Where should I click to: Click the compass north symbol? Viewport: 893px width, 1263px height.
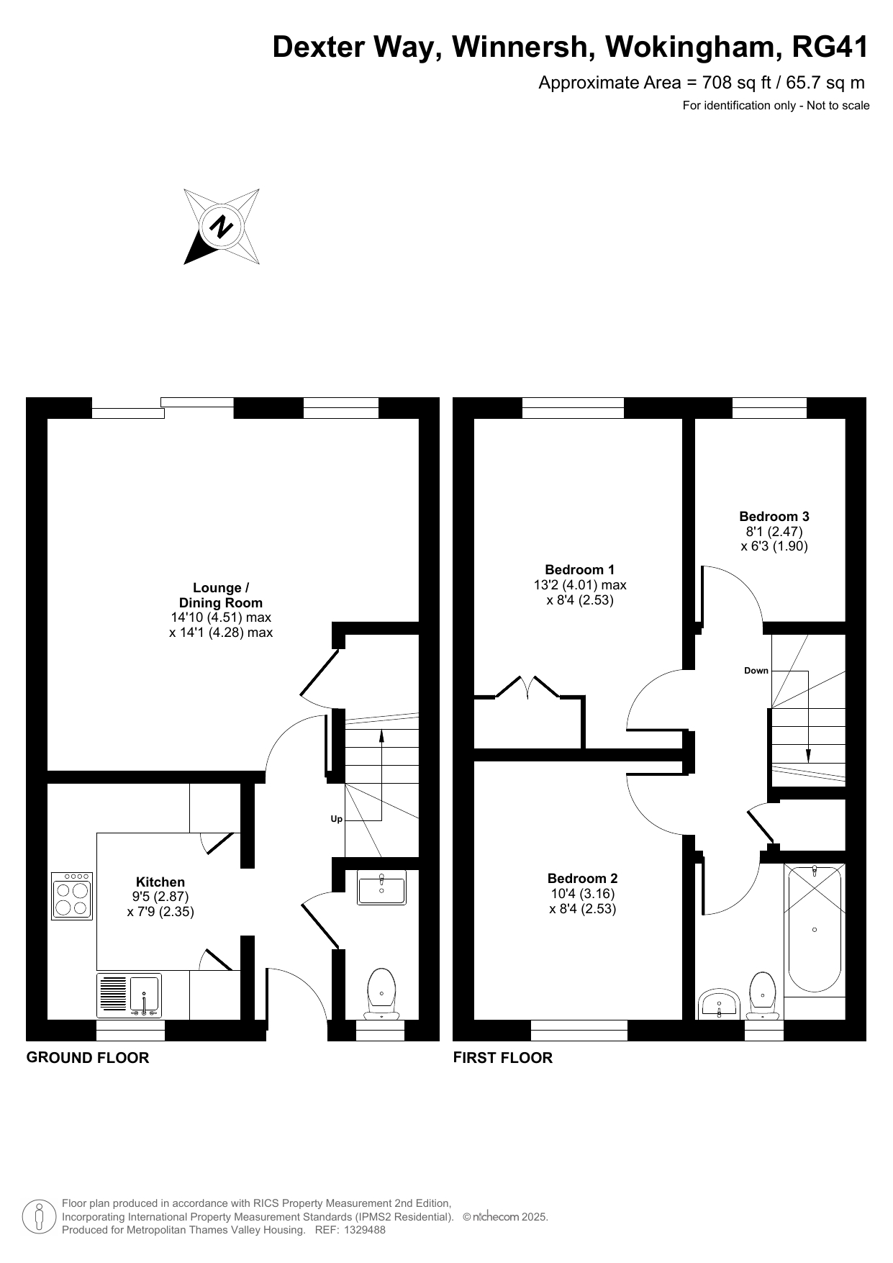(x=222, y=227)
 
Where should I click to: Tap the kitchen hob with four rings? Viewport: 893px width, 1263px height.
(x=72, y=896)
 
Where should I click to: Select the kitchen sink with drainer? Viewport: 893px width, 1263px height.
(x=130, y=996)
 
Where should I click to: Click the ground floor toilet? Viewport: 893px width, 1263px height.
(x=381, y=994)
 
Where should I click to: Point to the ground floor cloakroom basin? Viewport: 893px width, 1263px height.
(x=381, y=887)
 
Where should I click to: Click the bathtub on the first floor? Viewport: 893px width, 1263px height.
(x=814, y=928)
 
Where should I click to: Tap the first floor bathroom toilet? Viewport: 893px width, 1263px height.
(x=763, y=996)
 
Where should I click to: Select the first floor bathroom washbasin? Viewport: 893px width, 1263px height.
(x=719, y=1005)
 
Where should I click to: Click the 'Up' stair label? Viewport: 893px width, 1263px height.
(x=336, y=819)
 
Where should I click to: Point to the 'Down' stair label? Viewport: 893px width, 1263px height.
(x=756, y=671)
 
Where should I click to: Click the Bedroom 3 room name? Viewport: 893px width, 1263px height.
(x=774, y=516)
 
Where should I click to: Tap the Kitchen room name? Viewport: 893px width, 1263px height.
(x=160, y=882)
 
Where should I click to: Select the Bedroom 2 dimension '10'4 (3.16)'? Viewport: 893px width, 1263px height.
(x=582, y=894)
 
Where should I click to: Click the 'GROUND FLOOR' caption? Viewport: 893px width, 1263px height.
(x=88, y=1058)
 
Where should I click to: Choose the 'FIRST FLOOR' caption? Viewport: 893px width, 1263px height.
(x=502, y=1058)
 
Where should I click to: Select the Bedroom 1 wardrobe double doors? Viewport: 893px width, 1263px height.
(x=527, y=687)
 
